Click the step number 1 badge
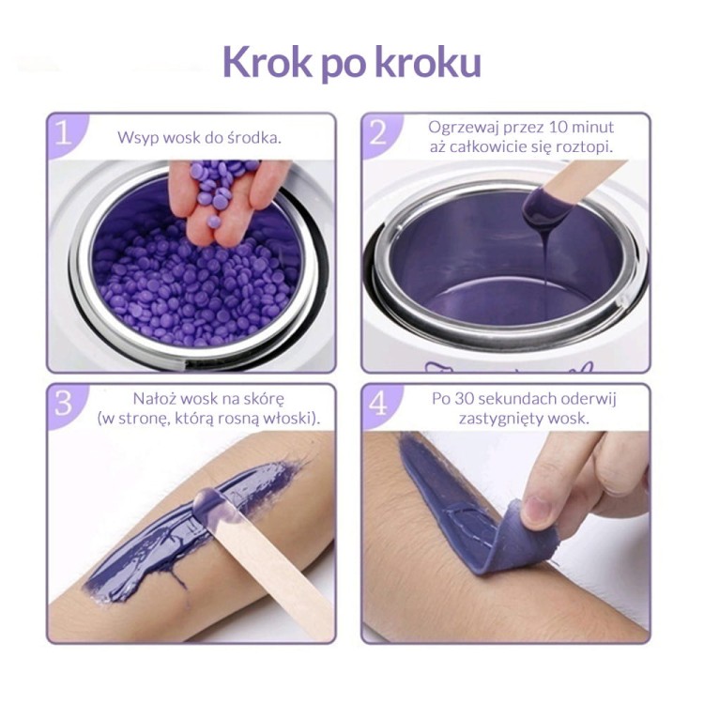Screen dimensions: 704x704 coord(63,133)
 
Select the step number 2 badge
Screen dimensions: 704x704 coord(378,133)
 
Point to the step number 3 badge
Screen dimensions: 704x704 coord(63,404)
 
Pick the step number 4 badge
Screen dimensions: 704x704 coord(378,404)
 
